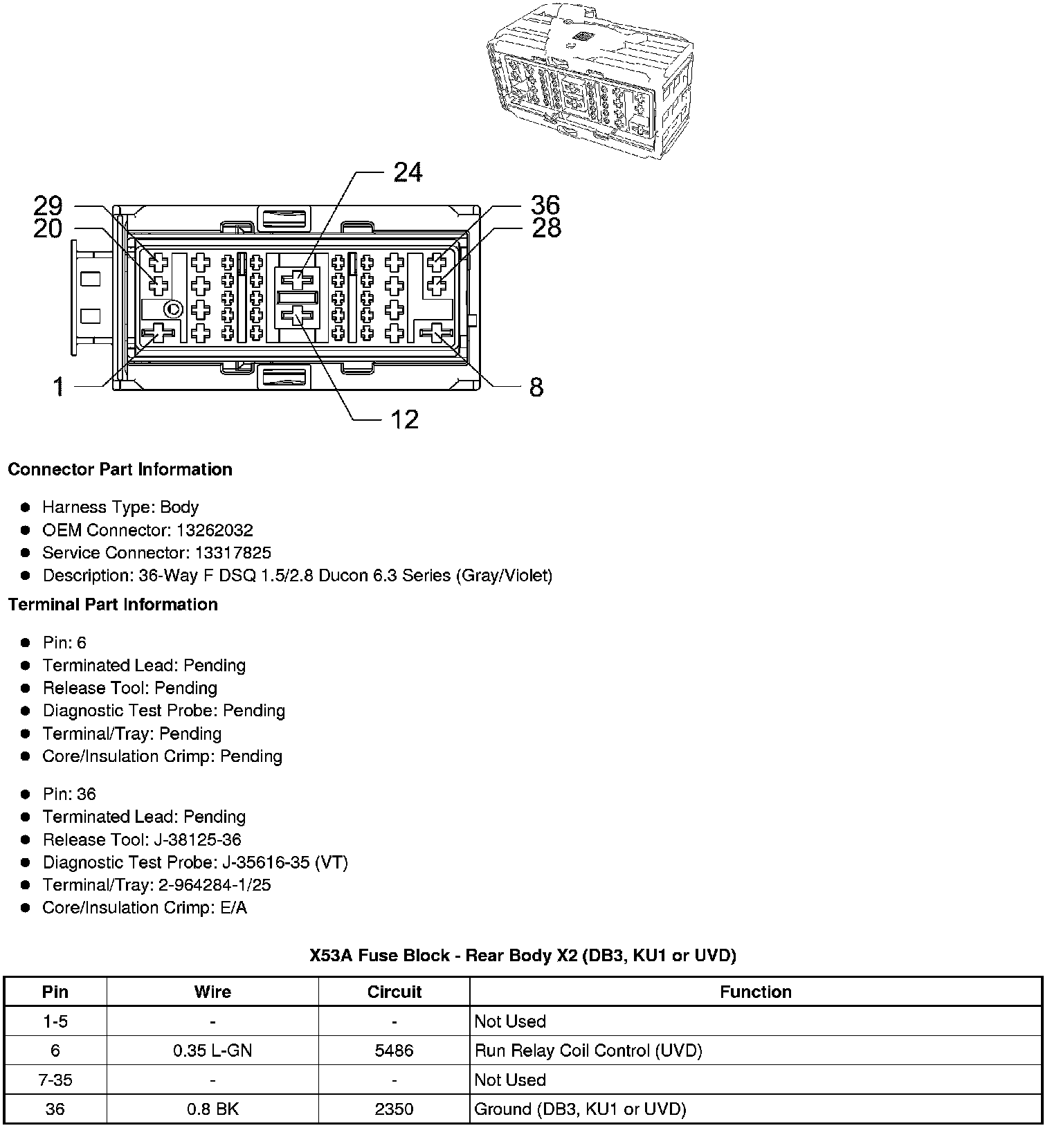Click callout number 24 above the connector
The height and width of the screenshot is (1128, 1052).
point(408,172)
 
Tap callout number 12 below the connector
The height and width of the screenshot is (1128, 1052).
point(405,419)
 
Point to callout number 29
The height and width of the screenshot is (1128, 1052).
point(48,206)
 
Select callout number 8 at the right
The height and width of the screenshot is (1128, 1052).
point(536,388)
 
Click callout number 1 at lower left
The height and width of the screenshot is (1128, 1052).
point(60,387)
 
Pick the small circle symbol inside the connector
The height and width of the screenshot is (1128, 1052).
point(173,309)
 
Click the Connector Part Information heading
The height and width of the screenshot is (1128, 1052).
point(120,469)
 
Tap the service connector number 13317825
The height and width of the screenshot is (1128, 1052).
point(233,553)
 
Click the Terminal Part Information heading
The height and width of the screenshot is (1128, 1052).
point(113,604)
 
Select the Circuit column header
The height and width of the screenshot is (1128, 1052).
point(394,992)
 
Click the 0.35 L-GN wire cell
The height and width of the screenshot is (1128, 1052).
point(212,1050)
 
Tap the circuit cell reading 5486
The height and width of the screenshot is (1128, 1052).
point(394,1050)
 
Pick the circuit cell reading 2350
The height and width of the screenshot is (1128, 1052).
point(394,1109)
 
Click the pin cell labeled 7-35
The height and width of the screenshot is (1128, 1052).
point(55,1080)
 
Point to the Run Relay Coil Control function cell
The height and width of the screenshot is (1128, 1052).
point(588,1050)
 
